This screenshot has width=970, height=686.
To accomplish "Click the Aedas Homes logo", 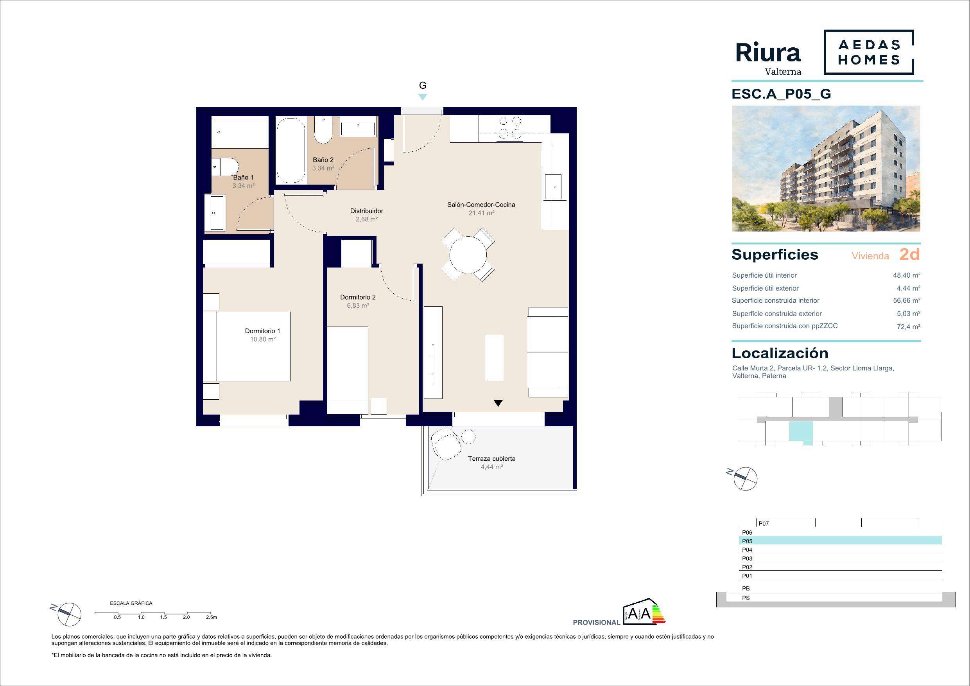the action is (869, 52).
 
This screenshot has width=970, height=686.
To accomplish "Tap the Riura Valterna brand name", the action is (768, 59).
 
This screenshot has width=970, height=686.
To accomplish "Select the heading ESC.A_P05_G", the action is (781, 94).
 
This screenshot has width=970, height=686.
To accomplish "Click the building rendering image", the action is (826, 169).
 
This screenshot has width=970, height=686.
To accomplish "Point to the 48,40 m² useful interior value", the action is (907, 275).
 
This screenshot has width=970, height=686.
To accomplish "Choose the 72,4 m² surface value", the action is (909, 326).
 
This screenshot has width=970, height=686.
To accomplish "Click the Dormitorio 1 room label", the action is (262, 331).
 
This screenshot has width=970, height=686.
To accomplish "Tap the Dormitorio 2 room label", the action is (358, 297).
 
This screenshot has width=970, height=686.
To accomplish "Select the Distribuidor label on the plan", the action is (367, 211).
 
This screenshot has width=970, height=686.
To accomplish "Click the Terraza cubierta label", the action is (492, 459).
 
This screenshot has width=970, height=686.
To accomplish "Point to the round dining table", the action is (468, 255).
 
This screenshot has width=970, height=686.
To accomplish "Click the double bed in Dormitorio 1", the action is (247, 347).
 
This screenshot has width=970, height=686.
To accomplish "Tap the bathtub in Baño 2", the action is (290, 150).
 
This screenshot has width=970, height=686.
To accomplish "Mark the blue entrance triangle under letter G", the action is (423, 97).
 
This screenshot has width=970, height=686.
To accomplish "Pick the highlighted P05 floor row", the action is (840, 541).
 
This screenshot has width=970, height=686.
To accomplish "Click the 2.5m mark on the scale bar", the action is (211, 617).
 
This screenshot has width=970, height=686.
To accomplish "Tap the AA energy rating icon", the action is (644, 612).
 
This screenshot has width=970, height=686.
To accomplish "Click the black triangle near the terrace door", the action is (498, 403).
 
